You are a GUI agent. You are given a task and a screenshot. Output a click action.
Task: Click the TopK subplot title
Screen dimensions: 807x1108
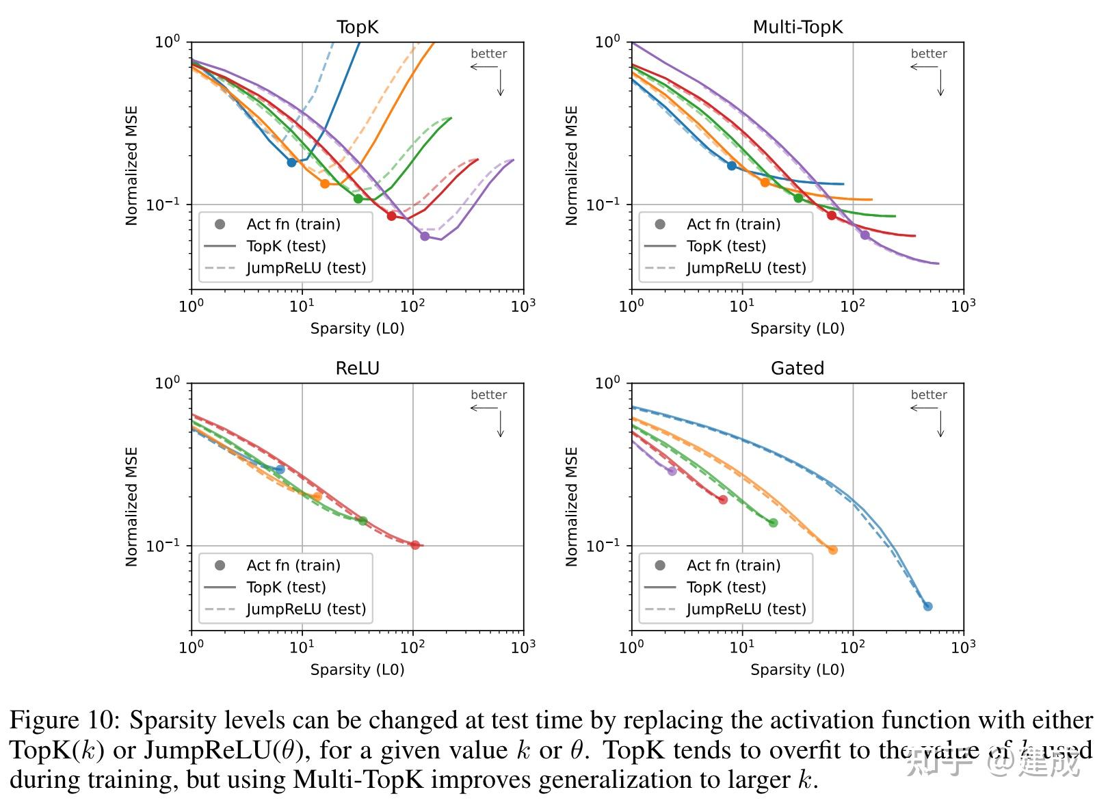tap(357, 27)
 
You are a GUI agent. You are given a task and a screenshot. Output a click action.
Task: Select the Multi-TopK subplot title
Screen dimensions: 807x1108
tap(797, 27)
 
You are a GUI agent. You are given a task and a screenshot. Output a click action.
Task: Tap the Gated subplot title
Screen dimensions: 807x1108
tap(797, 369)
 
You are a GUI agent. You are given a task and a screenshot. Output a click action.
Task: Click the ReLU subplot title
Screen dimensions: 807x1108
tap(357, 369)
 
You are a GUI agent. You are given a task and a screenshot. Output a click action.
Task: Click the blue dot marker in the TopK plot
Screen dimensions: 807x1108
tap(291, 163)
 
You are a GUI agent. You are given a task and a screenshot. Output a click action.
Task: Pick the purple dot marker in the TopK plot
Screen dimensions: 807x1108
tap(425, 237)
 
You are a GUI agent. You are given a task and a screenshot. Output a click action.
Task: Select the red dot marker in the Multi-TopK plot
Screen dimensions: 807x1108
tap(832, 215)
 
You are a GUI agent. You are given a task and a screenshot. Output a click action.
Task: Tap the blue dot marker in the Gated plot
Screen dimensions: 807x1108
tap(928, 607)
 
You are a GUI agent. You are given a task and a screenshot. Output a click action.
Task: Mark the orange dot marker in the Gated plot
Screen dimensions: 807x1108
tap(833, 551)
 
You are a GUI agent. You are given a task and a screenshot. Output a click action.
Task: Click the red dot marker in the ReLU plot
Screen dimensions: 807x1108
tap(415, 545)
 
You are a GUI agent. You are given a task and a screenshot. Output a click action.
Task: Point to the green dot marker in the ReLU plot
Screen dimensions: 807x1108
tap(363, 521)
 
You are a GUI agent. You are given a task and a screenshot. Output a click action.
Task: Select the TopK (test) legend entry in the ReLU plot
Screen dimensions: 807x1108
tap(286, 587)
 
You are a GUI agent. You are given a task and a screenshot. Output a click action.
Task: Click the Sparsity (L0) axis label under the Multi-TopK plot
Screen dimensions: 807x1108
tap(797, 329)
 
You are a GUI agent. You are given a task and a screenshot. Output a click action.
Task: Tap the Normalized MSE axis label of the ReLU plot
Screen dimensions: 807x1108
tap(132, 507)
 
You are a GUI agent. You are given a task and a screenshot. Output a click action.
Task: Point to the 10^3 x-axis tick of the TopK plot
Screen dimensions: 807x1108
tap(523, 306)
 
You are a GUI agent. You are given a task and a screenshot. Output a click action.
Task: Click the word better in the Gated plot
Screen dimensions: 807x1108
tap(928, 395)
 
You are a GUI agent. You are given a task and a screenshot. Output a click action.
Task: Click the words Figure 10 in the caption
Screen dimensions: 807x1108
tap(64, 721)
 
